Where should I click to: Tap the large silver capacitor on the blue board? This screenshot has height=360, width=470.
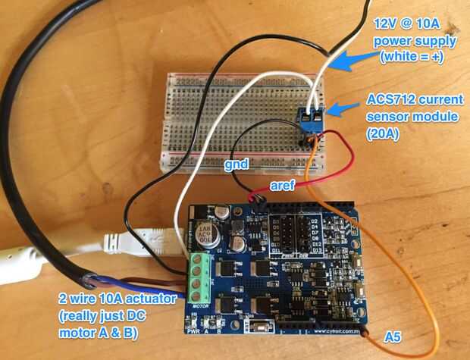(205, 233)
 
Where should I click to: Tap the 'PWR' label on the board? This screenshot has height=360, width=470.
(194, 331)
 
